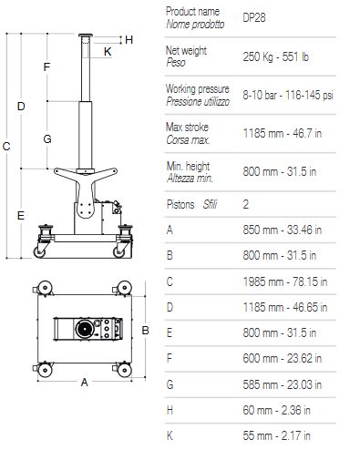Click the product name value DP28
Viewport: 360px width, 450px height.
click(254, 17)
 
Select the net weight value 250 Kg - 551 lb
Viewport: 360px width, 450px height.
click(275, 56)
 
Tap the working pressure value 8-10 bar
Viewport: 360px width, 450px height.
click(260, 95)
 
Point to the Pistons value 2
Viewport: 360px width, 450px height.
click(246, 204)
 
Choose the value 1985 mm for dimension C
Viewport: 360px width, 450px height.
click(263, 281)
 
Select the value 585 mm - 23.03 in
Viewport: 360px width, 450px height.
click(283, 384)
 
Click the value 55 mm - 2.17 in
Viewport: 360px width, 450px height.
click(276, 435)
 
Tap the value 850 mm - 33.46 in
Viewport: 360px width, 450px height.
click(283, 230)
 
